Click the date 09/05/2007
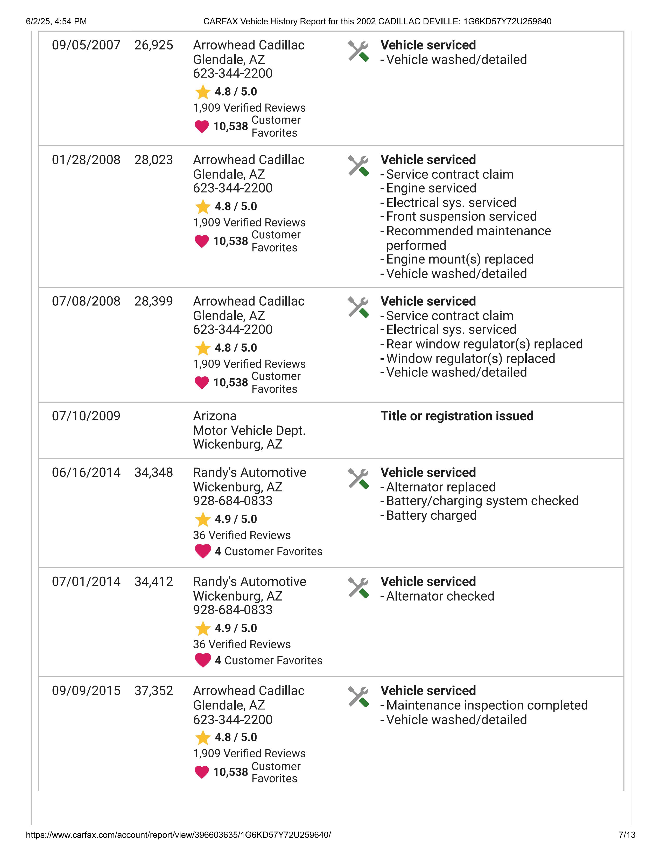[x=86, y=45]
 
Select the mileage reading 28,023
[x=153, y=160]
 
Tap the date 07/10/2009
[x=86, y=416]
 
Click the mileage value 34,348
[x=153, y=473]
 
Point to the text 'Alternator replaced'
[x=440, y=487]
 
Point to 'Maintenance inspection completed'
[x=487, y=706]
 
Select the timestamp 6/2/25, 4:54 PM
[x=57, y=22]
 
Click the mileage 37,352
[x=153, y=691]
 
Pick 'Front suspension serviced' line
[x=461, y=217]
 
